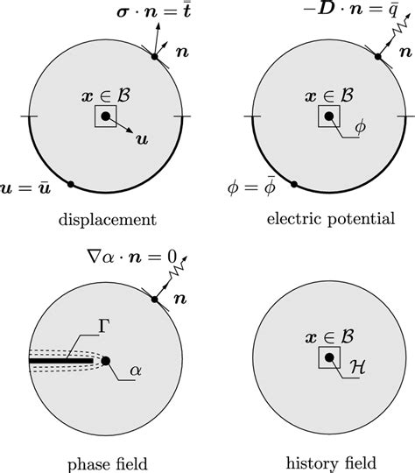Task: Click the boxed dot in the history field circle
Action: click(x=328, y=357)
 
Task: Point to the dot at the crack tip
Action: click(x=105, y=360)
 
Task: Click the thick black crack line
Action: click(x=61, y=360)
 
